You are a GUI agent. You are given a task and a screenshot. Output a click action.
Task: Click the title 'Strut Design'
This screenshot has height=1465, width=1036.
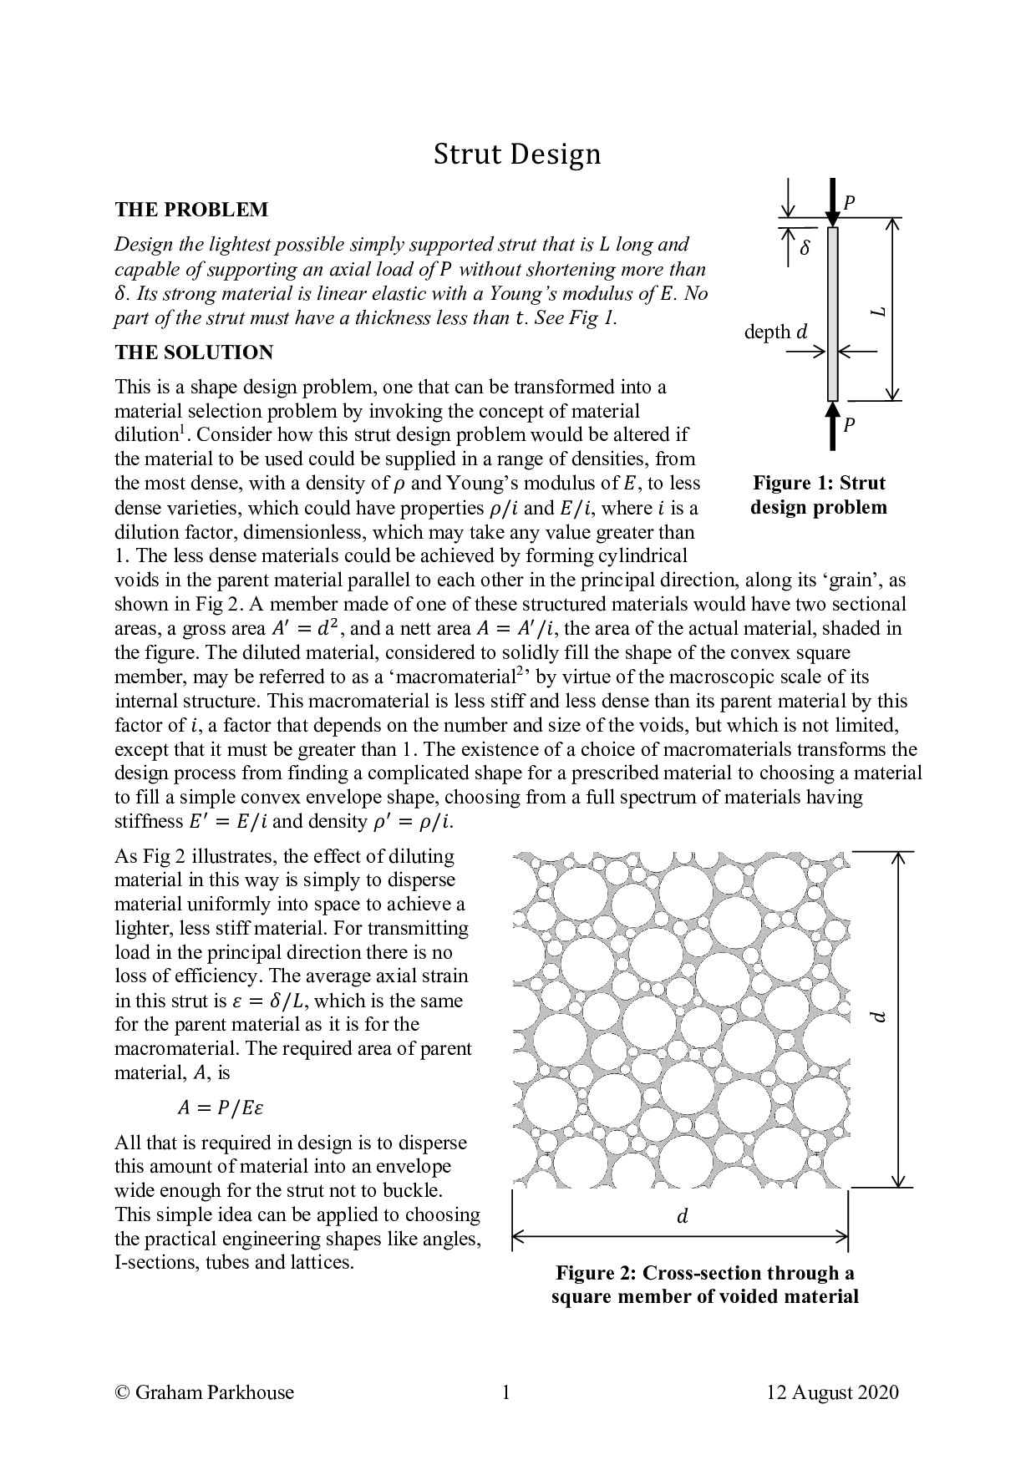tap(516, 155)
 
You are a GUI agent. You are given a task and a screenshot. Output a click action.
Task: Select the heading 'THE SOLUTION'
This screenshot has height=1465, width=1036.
tap(194, 352)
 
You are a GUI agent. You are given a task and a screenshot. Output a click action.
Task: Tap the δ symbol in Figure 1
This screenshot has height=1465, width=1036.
tap(805, 248)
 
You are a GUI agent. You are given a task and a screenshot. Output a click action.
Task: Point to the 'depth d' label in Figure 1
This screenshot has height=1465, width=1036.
tap(776, 332)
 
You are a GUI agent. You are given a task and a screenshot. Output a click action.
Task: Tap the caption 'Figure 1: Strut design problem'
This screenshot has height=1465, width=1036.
tap(819, 494)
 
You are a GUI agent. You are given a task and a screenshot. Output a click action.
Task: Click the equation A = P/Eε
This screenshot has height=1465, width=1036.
tap(221, 1108)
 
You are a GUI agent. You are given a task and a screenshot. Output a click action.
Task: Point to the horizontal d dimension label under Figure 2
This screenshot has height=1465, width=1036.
tap(682, 1217)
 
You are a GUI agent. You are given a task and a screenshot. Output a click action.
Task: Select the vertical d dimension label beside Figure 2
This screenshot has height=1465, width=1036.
tap(876, 1016)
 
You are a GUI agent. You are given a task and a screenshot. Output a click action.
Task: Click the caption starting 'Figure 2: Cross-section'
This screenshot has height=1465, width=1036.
tap(704, 1285)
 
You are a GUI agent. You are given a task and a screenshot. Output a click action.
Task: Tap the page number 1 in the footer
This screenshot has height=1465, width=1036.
tap(505, 1392)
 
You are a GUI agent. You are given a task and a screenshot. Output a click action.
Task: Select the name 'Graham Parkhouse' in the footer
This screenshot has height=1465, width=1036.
tap(214, 1392)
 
